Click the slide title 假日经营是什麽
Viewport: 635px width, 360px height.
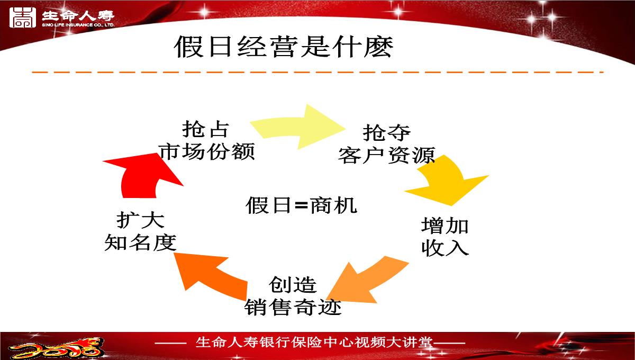point(284,47)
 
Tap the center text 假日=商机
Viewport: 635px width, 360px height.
point(301,205)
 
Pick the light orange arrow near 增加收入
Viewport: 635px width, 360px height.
point(368,281)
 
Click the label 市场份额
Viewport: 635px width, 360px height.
point(207,152)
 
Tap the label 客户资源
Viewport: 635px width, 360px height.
point(387,155)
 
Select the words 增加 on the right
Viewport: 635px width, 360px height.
point(444,226)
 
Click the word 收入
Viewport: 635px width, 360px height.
point(444,248)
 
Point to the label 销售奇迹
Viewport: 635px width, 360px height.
point(293,307)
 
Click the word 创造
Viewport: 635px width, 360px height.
point(293,285)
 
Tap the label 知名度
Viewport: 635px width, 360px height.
point(140,242)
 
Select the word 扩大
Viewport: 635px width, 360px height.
point(140,220)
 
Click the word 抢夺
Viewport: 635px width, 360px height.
point(387,133)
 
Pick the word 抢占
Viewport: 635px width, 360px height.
point(205,129)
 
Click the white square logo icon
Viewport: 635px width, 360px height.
point(23,18)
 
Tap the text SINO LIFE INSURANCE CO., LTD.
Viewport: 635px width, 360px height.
point(78,25)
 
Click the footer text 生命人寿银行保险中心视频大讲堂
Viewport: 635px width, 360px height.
point(314,343)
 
